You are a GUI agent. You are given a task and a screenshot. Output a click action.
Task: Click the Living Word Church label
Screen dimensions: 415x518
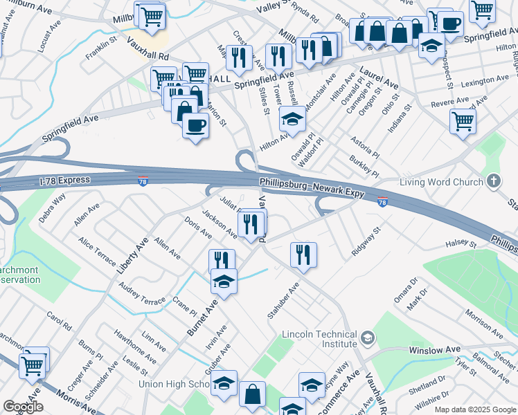pos(441,182)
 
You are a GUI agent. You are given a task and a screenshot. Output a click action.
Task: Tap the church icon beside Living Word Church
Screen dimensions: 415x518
pos(493,182)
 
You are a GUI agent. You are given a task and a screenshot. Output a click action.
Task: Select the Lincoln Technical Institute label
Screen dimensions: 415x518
pos(319,339)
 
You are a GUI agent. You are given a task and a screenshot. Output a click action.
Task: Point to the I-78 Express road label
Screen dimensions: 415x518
pos(64,180)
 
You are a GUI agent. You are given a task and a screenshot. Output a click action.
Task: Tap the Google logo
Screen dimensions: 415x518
pos(23,407)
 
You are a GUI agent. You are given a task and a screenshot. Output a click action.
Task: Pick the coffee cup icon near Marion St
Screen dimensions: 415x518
pos(195,125)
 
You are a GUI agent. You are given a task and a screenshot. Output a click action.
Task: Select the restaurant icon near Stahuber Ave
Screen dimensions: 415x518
pos(303,254)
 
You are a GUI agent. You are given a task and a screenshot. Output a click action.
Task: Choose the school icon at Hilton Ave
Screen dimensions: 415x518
pos(292,119)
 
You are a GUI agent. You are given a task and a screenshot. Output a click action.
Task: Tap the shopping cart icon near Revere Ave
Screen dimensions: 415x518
pos(463,121)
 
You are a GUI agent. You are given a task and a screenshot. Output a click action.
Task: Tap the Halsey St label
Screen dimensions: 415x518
pos(461,243)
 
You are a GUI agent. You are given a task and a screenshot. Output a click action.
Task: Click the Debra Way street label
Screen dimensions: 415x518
pos(52,207)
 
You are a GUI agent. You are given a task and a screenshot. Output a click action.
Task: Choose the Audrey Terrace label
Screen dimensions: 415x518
pos(142,293)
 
